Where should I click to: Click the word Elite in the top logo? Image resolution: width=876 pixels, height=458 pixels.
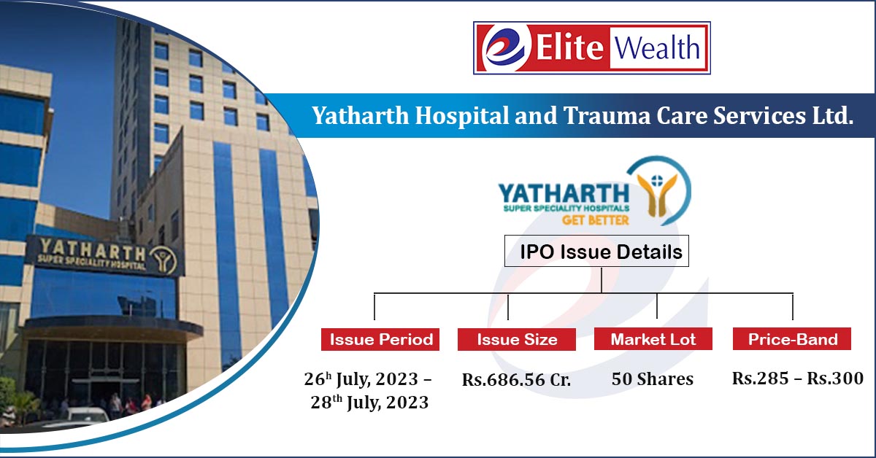pos(569,47)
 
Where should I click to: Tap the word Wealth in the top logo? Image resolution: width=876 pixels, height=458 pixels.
pos(657,48)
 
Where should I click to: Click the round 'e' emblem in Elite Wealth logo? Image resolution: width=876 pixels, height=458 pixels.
pos(507,48)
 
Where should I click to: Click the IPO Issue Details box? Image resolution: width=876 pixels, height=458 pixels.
pos(596,252)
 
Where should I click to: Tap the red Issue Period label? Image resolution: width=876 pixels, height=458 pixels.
pos(380,339)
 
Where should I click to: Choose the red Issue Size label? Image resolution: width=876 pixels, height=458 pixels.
pos(517,339)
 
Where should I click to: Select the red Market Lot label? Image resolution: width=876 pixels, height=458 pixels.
pos(653,339)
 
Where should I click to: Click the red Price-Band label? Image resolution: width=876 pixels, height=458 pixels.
pos(792,339)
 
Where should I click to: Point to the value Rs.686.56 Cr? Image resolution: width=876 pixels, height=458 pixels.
pos(516,379)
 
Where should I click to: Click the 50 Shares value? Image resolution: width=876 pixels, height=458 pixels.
pos(653,379)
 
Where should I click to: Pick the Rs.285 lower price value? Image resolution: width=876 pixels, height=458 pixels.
pos(760,379)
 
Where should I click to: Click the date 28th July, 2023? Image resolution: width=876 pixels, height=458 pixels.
pos(369,403)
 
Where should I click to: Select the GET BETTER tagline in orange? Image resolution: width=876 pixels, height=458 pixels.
pos(595,220)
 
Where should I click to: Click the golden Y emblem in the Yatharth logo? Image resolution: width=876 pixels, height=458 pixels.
pos(658,195)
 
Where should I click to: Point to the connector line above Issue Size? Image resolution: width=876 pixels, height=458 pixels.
pos(507,306)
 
